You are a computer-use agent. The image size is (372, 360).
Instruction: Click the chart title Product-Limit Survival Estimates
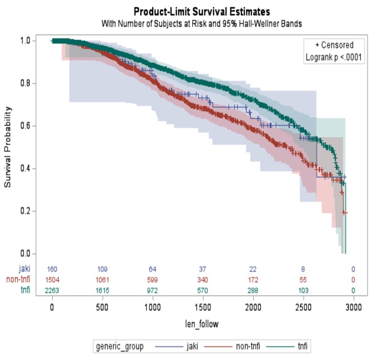(201, 11)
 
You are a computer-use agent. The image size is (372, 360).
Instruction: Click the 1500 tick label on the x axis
(202, 307)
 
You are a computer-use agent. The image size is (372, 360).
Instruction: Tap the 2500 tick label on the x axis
(303, 307)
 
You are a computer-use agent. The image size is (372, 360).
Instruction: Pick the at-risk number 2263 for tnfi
(52, 290)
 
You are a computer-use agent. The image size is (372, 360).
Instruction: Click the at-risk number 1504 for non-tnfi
(52, 279)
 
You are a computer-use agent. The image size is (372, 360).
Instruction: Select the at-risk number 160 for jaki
(52, 269)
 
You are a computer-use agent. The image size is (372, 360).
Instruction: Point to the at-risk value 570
(202, 290)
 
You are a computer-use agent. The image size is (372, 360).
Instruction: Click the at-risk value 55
(303, 279)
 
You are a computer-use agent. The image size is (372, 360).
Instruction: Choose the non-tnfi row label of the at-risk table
(17, 279)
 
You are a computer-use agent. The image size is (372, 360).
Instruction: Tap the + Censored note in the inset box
(334, 45)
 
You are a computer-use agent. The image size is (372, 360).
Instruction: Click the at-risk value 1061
(102, 279)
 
